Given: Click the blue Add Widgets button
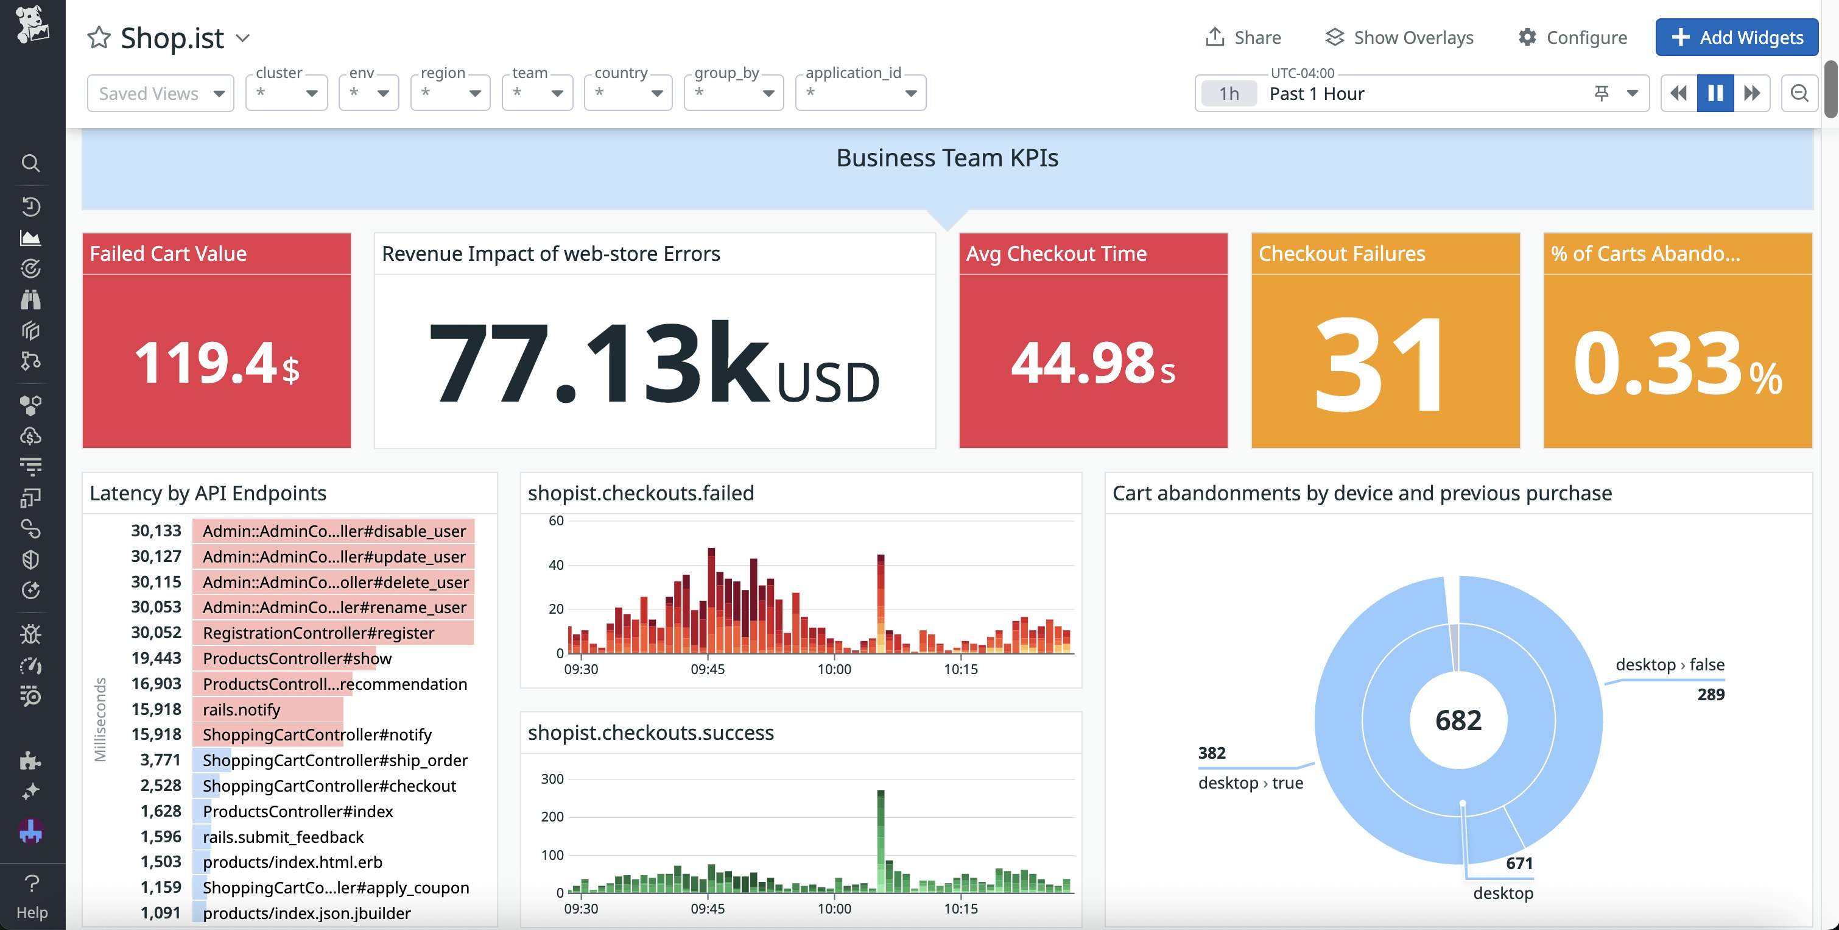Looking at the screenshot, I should (1736, 37).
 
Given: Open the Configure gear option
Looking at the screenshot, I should (1572, 37).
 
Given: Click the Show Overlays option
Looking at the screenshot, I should (1399, 37).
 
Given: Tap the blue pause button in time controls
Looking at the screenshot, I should (1715, 93).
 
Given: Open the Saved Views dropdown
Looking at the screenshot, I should (161, 94).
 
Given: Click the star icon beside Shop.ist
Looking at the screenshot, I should (99, 38).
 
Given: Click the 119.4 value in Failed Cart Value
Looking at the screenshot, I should (206, 363).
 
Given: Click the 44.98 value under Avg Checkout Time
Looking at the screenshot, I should (1082, 363).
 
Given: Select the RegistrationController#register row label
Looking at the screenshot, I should (318, 633).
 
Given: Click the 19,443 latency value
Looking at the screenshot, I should (156, 658).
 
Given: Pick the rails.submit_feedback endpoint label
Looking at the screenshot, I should (283, 836).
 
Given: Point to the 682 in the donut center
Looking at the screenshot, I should (1458, 720).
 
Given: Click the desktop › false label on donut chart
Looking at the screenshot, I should (1669, 664).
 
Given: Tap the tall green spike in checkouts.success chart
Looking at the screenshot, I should (881, 836).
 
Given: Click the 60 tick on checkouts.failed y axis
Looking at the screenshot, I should (556, 520).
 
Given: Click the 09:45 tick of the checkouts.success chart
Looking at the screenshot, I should (708, 909).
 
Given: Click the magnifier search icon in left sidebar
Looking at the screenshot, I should (30, 163).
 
